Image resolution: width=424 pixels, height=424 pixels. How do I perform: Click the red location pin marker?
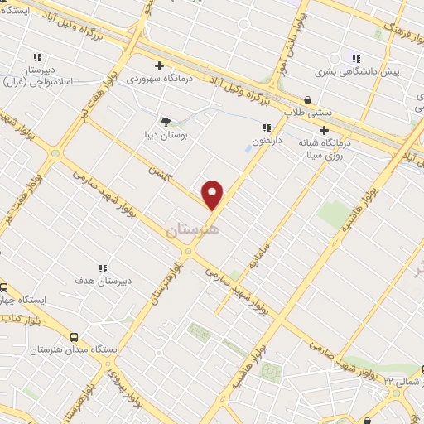pyautogui.click(x=214, y=193)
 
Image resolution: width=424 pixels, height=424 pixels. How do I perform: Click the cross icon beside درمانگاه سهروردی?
pyautogui.click(x=159, y=65)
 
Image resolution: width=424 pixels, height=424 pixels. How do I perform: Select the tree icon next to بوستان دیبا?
pyautogui.click(x=166, y=121)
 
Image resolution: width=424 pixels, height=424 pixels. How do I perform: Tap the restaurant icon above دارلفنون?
pyautogui.click(x=267, y=128)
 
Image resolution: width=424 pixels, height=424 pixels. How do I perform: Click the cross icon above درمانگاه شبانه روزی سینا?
pyautogui.click(x=324, y=130)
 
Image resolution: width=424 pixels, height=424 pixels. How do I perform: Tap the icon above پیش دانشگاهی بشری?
pyautogui.click(x=356, y=59)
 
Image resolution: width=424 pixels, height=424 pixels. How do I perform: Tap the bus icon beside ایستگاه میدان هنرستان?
pyautogui.click(x=75, y=337)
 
